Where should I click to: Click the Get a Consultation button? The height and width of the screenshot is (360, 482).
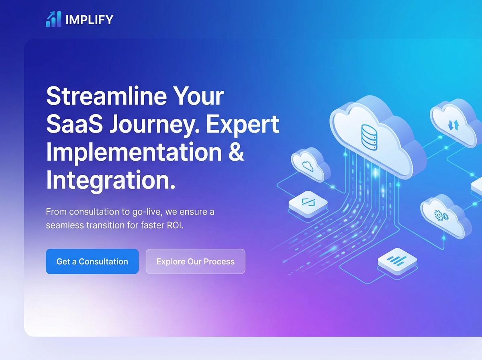92,262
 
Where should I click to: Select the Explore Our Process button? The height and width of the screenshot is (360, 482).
195,262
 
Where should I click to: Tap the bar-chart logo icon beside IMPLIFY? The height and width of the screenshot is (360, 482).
53,19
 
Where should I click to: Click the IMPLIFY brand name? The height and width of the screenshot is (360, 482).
89,19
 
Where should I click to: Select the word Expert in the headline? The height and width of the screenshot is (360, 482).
242,125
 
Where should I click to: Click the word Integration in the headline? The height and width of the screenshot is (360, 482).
110,180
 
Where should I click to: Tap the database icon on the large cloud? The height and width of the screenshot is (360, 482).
370,137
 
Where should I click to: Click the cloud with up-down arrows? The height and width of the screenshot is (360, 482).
453,125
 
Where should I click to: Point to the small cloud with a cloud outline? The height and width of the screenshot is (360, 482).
308,165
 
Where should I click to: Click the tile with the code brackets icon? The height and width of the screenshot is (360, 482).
308,202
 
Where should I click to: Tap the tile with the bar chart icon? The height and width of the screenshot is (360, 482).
397,261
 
